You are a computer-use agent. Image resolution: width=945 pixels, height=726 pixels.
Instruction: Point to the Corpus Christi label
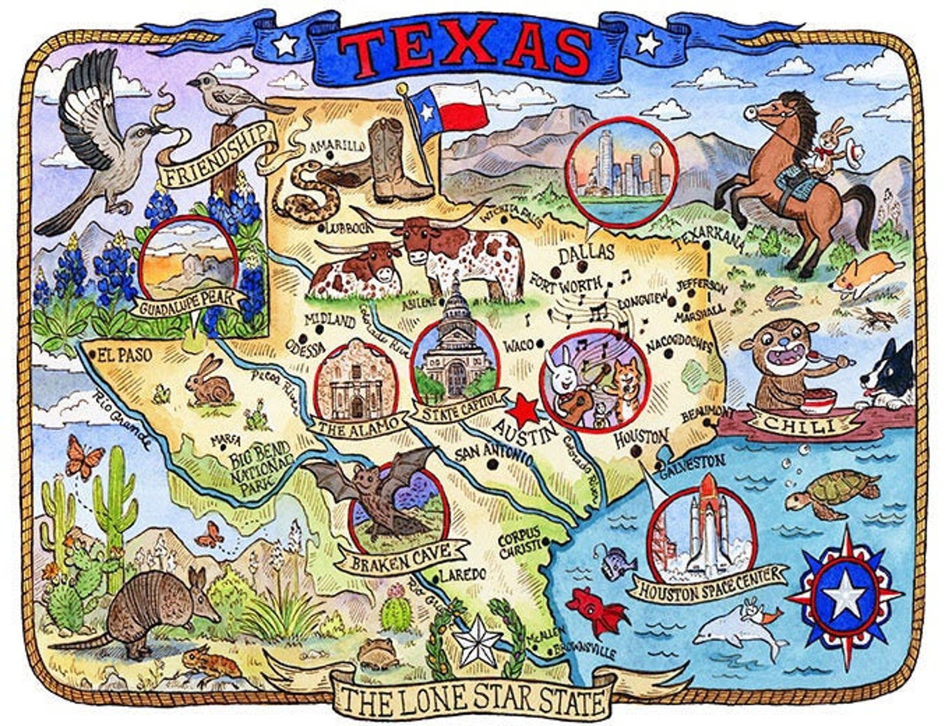[x=519, y=542]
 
